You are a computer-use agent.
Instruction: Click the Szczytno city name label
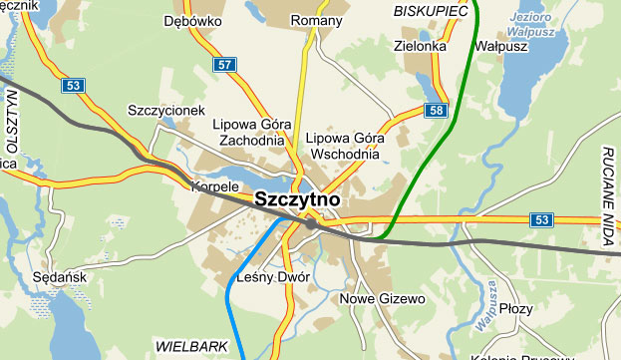point(297,199)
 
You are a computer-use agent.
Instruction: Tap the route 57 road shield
point(225,65)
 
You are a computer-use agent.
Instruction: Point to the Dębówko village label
point(193,20)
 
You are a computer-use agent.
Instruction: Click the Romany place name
point(316,20)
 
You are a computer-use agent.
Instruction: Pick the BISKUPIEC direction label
point(431,10)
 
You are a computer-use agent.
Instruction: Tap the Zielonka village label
point(420,45)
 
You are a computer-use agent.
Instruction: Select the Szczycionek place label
point(166,110)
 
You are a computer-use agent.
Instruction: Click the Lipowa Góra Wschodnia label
point(343,146)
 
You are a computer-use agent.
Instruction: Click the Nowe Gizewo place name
point(383,298)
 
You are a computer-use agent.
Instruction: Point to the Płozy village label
point(517,309)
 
